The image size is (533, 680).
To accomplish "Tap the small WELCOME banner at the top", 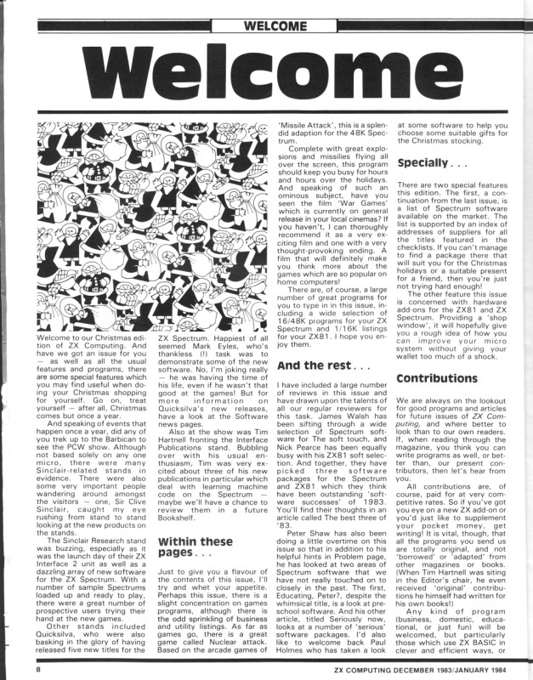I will tap(265, 14).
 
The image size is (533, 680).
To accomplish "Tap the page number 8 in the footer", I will tap(14, 669).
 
